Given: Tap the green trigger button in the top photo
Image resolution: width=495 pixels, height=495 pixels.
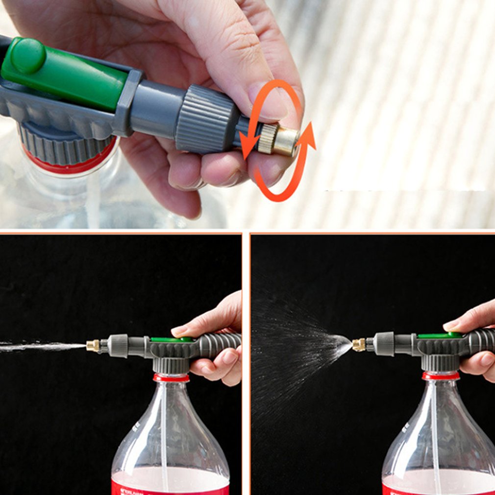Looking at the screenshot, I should point(64,74).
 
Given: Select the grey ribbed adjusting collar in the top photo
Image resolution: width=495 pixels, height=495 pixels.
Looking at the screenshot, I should point(206,118).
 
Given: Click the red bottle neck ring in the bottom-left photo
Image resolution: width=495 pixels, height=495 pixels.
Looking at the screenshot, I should point(171,378).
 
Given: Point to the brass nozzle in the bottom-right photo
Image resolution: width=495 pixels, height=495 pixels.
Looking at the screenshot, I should point(359,345).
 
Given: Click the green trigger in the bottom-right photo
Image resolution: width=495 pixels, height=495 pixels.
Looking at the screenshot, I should point(439,336).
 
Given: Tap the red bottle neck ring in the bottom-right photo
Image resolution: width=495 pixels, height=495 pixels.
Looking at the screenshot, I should point(441,376).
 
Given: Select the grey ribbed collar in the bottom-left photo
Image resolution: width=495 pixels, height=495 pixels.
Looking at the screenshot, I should point(118,345).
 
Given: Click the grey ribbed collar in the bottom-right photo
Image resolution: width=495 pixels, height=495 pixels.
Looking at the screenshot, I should point(383,344).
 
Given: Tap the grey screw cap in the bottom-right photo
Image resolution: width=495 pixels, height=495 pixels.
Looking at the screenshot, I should point(440,363).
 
